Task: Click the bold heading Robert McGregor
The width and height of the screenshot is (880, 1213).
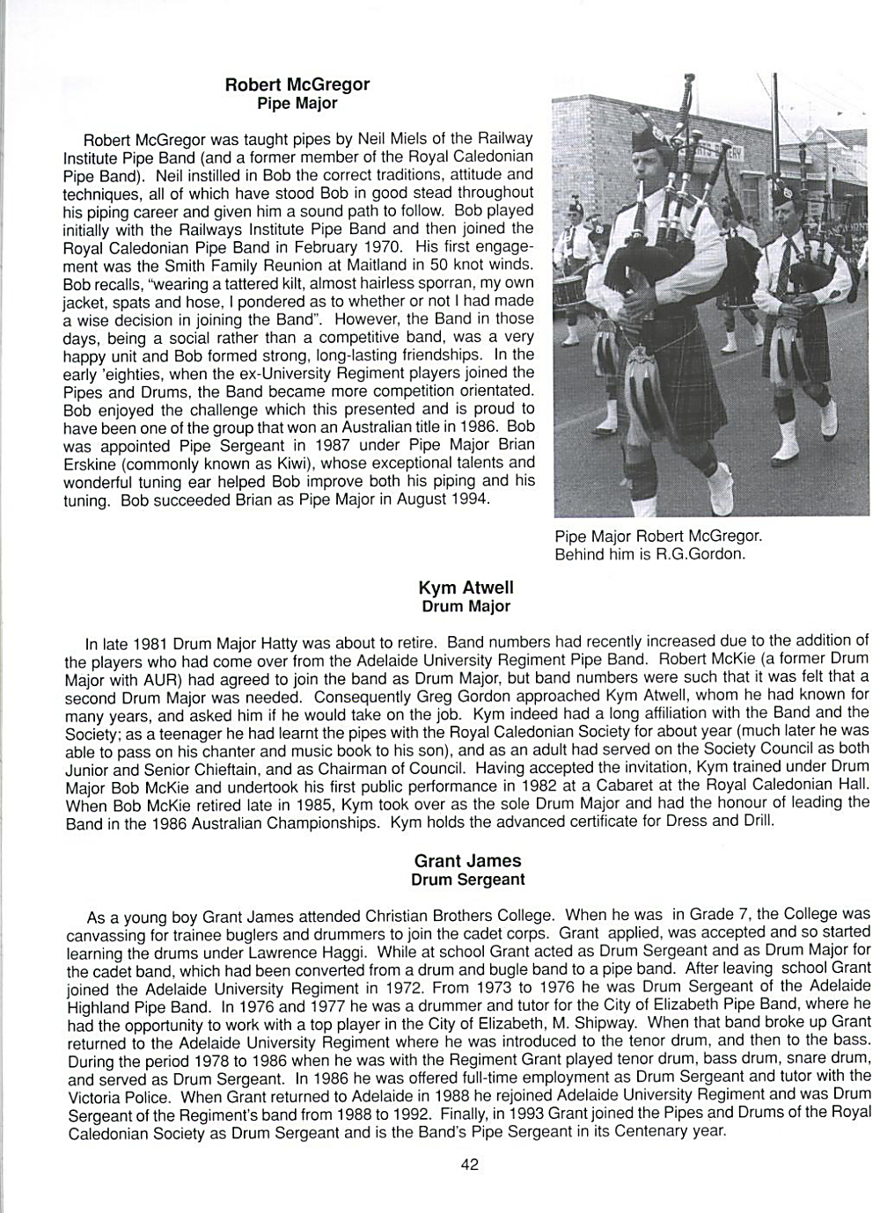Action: point(297,84)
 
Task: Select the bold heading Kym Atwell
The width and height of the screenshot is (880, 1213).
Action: point(466,588)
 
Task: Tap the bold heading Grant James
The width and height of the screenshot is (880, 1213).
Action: point(467,861)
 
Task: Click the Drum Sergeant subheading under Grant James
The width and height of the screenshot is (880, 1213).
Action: point(467,880)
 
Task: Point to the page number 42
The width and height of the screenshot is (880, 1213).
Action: point(469,1165)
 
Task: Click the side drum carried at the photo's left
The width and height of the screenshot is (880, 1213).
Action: point(571,295)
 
